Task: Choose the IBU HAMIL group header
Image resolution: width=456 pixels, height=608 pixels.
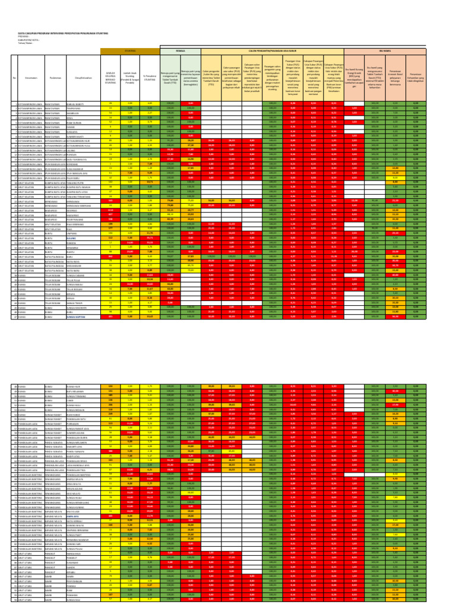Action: pos(389,52)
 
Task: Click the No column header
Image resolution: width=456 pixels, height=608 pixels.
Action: pos(14,78)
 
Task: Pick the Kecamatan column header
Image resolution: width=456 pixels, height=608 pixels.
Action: pos(31,78)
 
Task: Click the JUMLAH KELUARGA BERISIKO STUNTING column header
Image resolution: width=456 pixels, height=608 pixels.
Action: pos(110,78)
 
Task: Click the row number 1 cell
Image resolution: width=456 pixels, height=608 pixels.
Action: pos(14,103)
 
